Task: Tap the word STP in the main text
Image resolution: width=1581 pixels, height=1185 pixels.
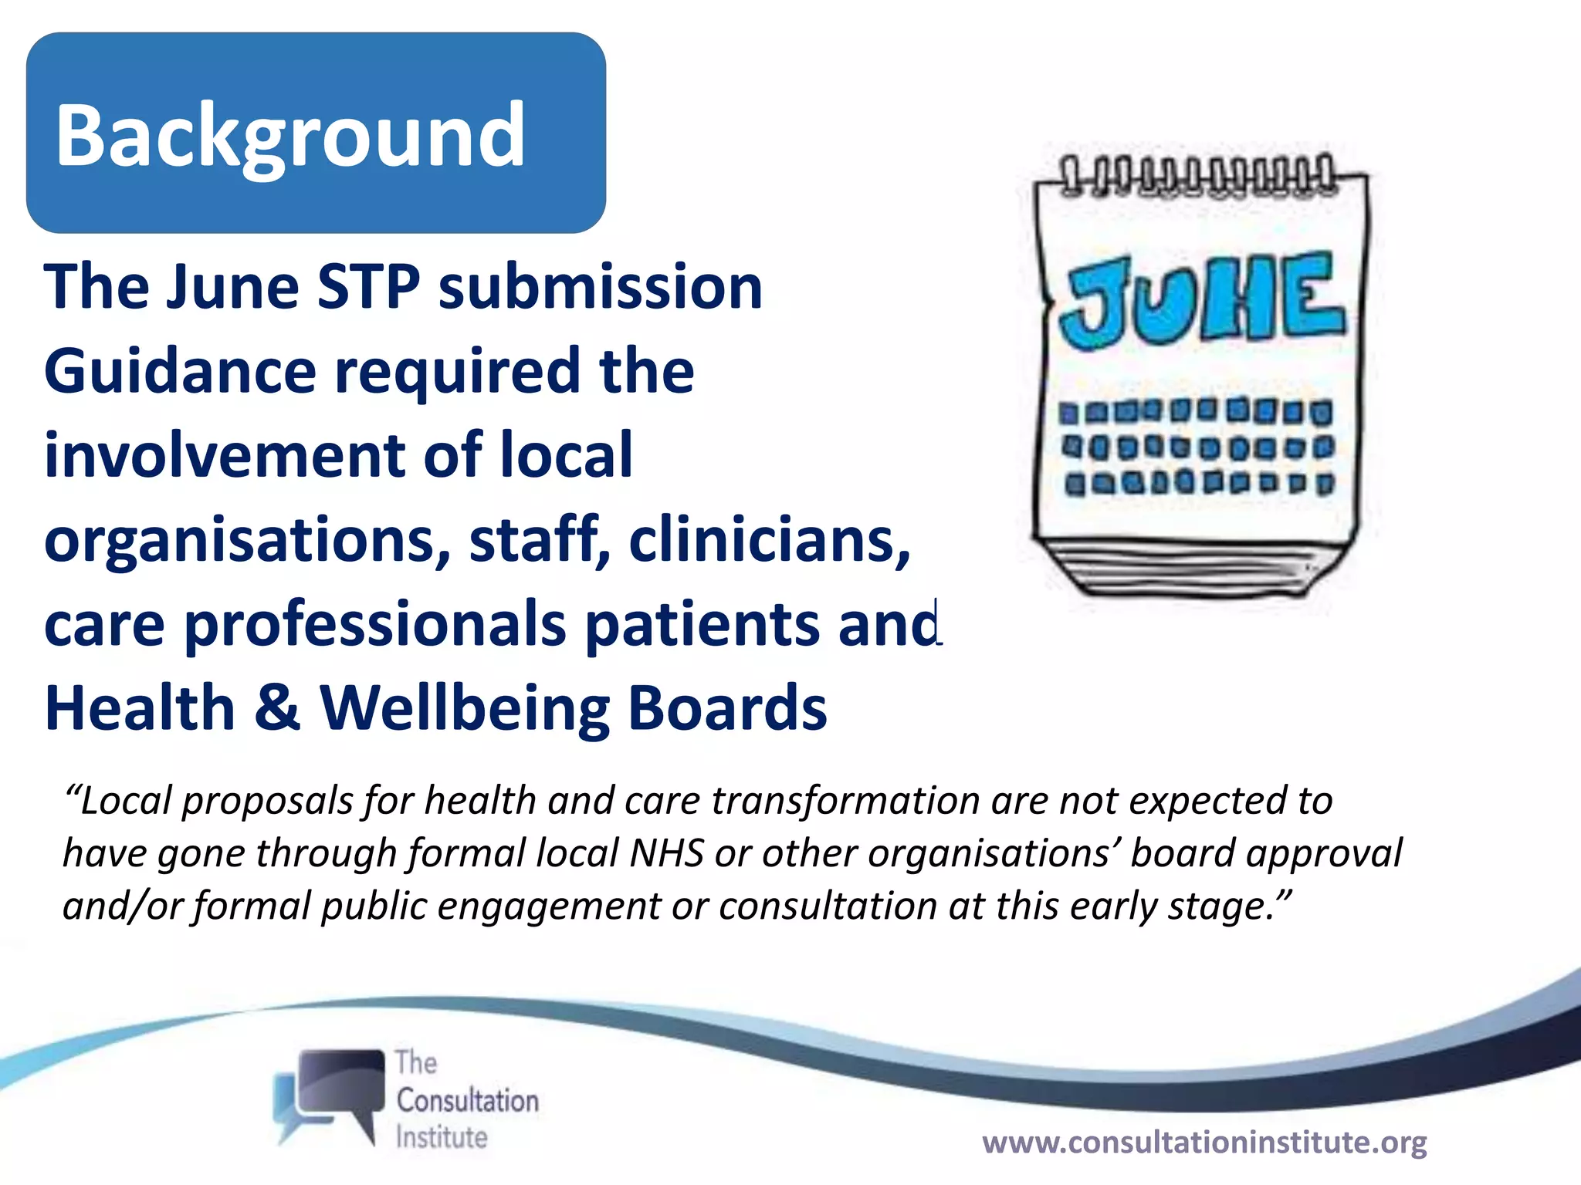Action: pyautogui.click(x=368, y=287)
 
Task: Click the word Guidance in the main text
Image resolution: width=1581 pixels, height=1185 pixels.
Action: pyautogui.click(x=180, y=372)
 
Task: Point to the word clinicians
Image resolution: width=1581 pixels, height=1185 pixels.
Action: pyautogui.click(x=769, y=540)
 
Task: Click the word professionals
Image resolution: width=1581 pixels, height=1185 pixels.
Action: pyautogui.click(x=374, y=625)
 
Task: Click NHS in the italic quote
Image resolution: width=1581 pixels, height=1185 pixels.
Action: pyautogui.click(x=666, y=854)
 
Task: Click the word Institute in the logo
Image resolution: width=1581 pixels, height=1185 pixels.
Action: pyautogui.click(x=441, y=1137)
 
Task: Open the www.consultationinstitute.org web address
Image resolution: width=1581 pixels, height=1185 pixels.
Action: pyautogui.click(x=1204, y=1143)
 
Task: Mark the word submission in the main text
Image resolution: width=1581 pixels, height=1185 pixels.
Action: pyautogui.click(x=600, y=287)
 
